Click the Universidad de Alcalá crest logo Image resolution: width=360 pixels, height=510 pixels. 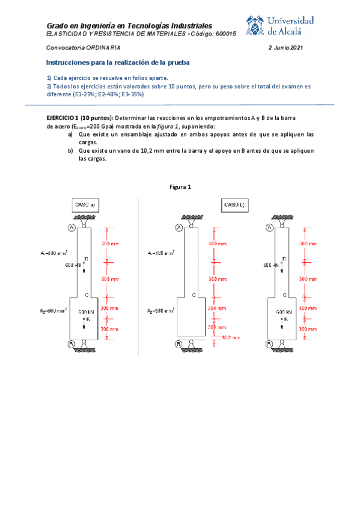tap(258, 26)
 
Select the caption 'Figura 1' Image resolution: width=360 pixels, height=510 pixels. tap(180, 187)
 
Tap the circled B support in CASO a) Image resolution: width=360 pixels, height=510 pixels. tap(71, 344)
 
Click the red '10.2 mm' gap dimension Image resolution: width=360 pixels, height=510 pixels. tap(232, 337)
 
